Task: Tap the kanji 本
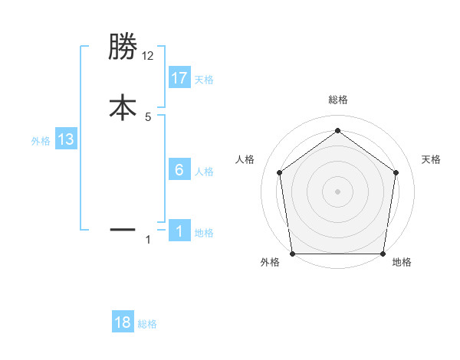coord(123,107)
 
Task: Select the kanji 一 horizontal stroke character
coord(123,229)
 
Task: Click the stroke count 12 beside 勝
coord(148,56)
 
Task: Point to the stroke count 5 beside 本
coord(148,117)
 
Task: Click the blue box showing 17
coord(179,78)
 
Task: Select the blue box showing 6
coord(179,170)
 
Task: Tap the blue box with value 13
coord(66,139)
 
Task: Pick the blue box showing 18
coord(123,322)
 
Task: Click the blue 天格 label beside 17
coord(204,80)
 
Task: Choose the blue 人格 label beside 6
coord(204,172)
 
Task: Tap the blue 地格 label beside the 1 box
coord(204,233)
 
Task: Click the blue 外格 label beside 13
coord(41,141)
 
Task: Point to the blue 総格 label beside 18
coord(147,324)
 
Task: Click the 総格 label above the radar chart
coord(337,100)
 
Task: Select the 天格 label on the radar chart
coord(432,159)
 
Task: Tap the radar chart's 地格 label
coord(402,262)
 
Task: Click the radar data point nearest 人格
coord(279,172)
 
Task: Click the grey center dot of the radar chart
coord(337,191)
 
